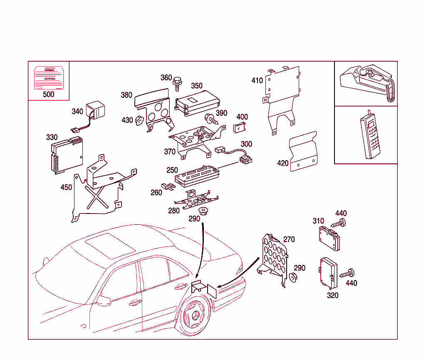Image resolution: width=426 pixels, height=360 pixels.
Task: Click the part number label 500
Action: tap(48, 94)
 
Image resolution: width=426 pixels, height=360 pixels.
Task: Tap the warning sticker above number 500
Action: tap(48, 77)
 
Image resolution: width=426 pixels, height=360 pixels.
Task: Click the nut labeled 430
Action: tap(139, 120)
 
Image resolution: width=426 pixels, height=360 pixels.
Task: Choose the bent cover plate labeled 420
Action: tap(303, 151)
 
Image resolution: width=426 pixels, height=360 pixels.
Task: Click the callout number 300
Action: tap(246, 144)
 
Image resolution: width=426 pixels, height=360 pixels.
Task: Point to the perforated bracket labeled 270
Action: tap(275, 258)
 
